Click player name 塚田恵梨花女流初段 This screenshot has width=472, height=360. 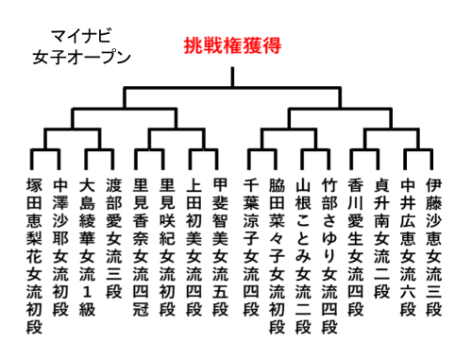(35, 256)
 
